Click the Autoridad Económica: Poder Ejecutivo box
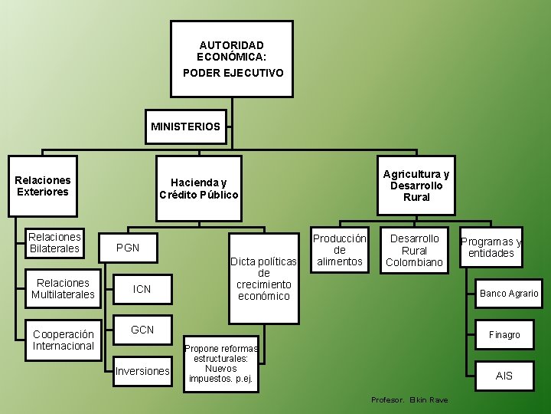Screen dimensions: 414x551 click(x=231, y=59)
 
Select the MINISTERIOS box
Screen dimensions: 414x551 click(x=185, y=126)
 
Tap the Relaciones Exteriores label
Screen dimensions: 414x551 click(x=43, y=186)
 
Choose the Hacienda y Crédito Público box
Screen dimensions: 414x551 click(x=198, y=189)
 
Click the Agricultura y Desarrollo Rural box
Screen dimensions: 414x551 click(x=416, y=186)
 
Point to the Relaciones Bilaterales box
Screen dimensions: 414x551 click(x=54, y=243)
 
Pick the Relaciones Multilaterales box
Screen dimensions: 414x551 click(x=63, y=289)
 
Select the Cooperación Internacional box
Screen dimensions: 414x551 click(x=64, y=340)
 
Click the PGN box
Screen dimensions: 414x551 click(x=128, y=248)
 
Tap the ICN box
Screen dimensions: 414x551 click(x=142, y=289)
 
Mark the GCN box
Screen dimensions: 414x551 click(x=142, y=330)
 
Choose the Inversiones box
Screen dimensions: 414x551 click(x=142, y=371)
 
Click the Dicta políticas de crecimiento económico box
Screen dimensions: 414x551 click(x=263, y=279)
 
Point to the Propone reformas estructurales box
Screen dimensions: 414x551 click(x=221, y=363)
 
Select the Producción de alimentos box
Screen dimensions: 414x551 click(x=340, y=250)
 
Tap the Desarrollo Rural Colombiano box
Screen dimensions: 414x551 click(x=414, y=250)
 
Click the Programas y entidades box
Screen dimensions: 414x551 click(x=491, y=248)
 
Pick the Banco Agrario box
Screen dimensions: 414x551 click(x=509, y=293)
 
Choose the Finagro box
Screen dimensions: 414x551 click(x=504, y=334)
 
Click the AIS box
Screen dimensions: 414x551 click(x=504, y=376)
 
